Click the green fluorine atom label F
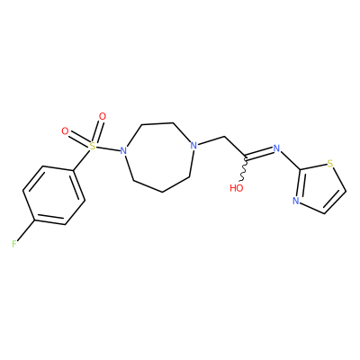point(14,244)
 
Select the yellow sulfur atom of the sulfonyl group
point(93,146)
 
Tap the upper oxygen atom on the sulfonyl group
point(103,116)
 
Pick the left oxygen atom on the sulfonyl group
point(65,131)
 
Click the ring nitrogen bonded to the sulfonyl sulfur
point(123,150)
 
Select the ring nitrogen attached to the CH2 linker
point(194,146)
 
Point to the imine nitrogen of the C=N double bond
point(276,148)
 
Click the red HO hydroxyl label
point(237,188)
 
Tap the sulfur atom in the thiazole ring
point(330,164)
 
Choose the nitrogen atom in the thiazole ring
point(296,201)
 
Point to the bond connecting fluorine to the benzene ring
point(26,229)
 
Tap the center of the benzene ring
point(54,195)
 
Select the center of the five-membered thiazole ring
point(319,187)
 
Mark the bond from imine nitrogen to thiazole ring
point(290,159)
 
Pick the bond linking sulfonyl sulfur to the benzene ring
point(82,160)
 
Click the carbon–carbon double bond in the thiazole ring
point(336,202)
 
